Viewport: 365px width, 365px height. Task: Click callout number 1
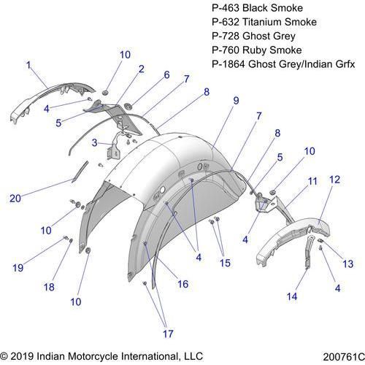point(28,65)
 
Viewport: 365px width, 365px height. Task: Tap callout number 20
point(15,199)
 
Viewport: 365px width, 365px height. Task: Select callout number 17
point(168,334)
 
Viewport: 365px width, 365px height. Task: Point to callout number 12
point(334,180)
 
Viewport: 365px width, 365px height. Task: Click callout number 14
point(292,296)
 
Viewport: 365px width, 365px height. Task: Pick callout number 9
point(236,101)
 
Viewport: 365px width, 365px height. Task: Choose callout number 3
point(95,142)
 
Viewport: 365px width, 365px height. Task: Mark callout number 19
point(18,268)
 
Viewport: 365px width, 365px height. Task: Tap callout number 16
point(183,284)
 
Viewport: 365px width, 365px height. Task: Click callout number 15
point(225,263)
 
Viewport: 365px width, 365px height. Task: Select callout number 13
point(348,264)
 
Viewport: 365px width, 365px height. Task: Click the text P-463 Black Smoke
point(257,8)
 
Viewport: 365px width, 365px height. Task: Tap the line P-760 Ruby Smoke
point(257,50)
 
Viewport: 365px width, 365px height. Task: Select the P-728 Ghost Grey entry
point(253,36)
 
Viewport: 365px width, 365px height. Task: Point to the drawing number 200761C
point(344,357)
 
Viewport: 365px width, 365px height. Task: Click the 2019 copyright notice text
point(101,356)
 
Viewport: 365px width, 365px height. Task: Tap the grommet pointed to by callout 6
point(128,106)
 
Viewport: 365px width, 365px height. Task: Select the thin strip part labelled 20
point(80,172)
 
